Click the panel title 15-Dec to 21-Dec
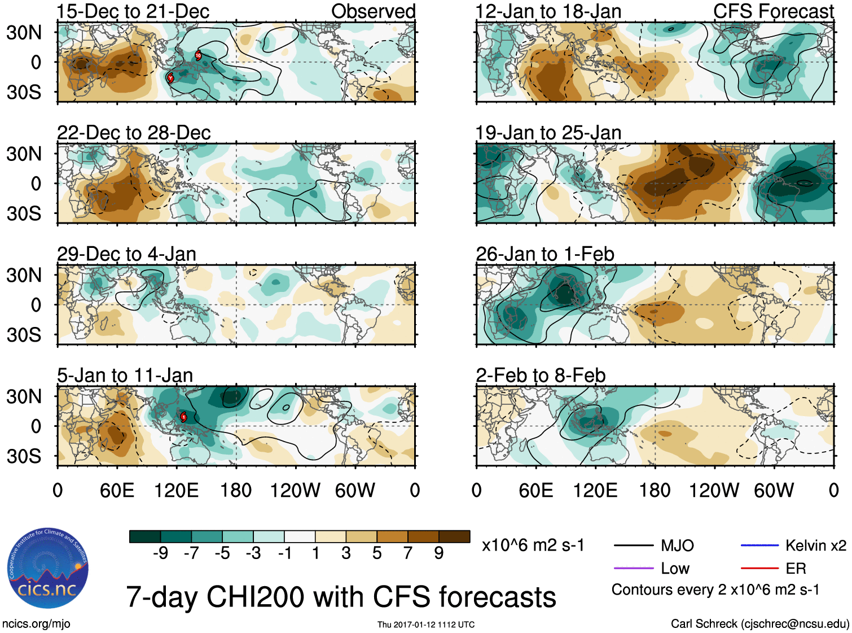(x=133, y=11)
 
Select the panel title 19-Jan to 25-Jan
(x=548, y=133)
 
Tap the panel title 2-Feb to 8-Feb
(x=541, y=376)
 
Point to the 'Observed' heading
(x=373, y=11)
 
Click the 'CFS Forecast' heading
(x=773, y=11)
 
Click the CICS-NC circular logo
(x=48, y=568)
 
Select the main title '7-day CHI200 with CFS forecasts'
(x=341, y=597)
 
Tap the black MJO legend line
(x=633, y=545)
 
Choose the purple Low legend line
(x=633, y=569)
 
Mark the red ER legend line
(x=759, y=569)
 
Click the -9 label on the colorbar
(x=160, y=553)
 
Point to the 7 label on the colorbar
(x=408, y=553)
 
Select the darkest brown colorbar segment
(x=454, y=536)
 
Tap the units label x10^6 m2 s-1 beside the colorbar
(x=533, y=545)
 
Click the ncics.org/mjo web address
(x=36, y=624)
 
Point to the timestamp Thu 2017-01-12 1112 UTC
(x=426, y=625)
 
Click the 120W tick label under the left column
(x=295, y=490)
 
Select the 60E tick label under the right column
(x=535, y=490)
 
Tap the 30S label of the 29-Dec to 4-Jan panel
(x=24, y=335)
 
